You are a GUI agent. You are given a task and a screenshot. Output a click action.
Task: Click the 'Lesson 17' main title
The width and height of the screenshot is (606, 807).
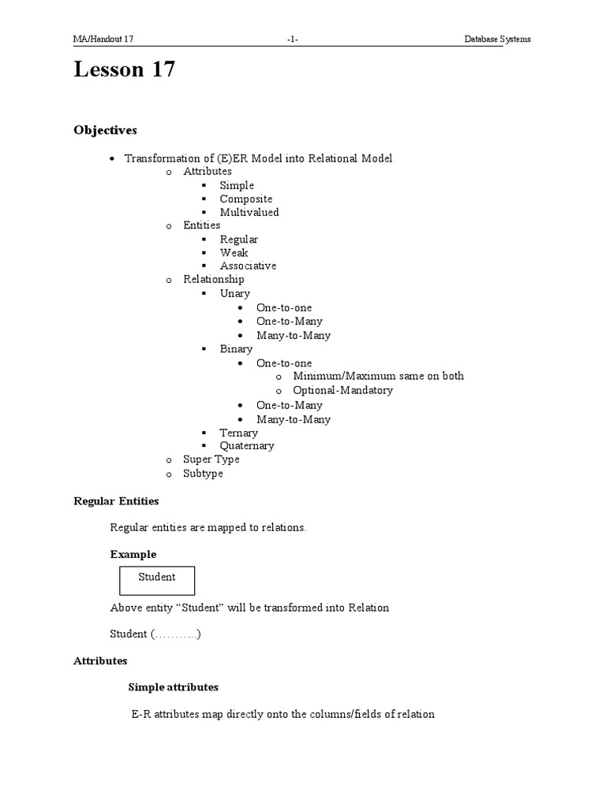point(124,70)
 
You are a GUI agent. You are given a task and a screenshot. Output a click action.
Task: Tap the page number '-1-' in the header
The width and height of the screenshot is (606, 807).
point(293,39)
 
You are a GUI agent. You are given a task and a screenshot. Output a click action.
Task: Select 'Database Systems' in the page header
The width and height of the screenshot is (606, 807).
point(497,39)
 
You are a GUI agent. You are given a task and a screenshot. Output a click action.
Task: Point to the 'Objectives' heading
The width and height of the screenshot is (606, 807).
point(105,129)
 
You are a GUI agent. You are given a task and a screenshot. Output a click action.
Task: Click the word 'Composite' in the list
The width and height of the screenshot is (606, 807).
point(245,199)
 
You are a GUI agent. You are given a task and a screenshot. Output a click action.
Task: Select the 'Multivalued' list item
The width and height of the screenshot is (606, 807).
point(249,212)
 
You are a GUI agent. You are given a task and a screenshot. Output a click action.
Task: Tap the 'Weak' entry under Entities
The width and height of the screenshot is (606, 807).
point(234,252)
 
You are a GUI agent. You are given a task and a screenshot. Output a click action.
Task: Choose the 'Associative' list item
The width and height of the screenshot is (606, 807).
point(248,266)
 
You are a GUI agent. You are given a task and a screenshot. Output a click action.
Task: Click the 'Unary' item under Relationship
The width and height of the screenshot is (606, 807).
point(234,293)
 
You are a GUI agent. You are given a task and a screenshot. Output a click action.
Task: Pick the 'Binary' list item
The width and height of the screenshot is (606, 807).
point(236,348)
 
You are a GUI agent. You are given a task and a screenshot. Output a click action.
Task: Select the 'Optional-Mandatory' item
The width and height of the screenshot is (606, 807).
point(342,390)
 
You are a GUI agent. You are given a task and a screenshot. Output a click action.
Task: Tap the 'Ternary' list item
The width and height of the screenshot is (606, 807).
point(238,433)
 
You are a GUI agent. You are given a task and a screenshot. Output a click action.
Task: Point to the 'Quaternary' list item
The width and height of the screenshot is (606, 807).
point(247,445)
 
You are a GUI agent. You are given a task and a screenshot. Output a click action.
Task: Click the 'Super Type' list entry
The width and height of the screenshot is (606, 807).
point(211,459)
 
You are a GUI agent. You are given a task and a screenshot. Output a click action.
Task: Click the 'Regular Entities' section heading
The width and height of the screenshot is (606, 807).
point(116,500)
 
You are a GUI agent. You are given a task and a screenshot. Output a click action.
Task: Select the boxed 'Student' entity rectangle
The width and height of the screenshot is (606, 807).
point(157,580)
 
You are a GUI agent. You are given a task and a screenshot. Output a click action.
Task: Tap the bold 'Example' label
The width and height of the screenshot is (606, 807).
point(133,554)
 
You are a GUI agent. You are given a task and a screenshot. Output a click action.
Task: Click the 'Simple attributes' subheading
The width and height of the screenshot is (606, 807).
point(173,687)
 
